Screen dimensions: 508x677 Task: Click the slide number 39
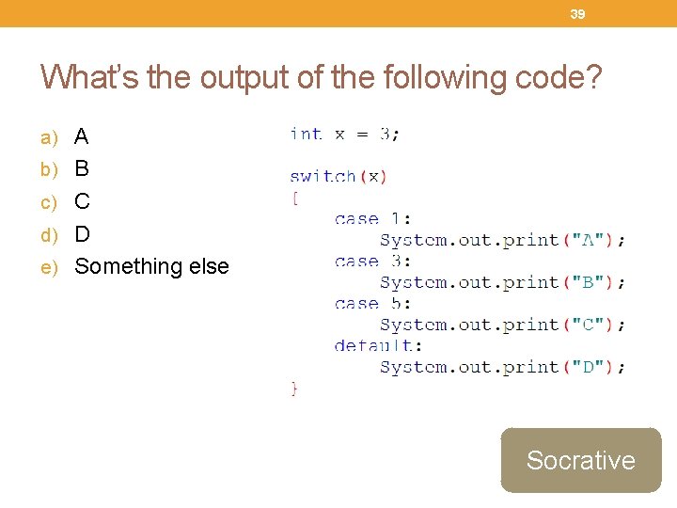[x=577, y=14]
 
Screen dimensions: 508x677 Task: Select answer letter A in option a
[x=82, y=137]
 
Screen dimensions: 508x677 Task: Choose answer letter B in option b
[x=82, y=169]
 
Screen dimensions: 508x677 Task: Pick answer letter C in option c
[x=82, y=201]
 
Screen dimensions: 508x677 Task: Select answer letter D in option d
[x=82, y=233]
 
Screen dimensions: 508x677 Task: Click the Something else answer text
[x=151, y=266]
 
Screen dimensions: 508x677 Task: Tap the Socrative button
[x=580, y=460]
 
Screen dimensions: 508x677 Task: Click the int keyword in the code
[x=306, y=134]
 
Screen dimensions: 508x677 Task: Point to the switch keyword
[x=323, y=176]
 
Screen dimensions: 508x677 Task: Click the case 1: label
[x=372, y=219]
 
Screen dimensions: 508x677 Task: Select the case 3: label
[x=372, y=262]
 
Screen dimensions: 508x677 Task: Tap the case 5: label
[x=372, y=304]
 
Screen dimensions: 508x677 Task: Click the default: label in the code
[x=378, y=345]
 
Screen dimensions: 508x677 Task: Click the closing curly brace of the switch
[x=295, y=388]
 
